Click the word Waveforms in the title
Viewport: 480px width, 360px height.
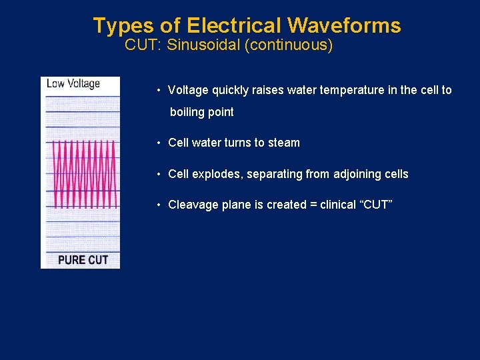[344, 26]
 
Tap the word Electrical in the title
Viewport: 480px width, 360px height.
[235, 26]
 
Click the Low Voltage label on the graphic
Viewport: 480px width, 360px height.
[73, 84]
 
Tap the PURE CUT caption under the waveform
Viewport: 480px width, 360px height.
[83, 259]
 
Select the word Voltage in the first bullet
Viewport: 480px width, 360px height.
[188, 90]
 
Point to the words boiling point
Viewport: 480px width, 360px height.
[202, 112]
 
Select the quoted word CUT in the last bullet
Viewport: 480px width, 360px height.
[376, 205]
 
